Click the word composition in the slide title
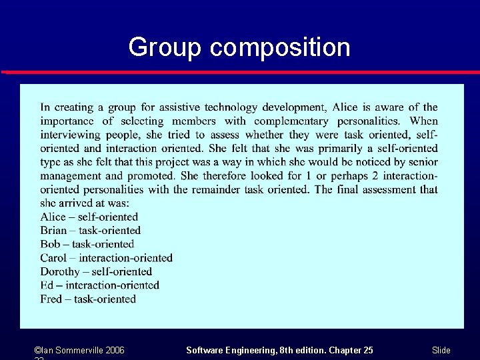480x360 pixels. click(x=279, y=47)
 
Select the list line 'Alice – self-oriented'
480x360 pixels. click(x=89, y=217)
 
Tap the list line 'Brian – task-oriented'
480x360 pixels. click(x=90, y=231)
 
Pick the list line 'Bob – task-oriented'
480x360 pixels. click(x=87, y=244)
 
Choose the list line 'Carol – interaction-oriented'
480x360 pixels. click(x=106, y=258)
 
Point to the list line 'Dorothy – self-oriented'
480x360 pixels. click(x=96, y=271)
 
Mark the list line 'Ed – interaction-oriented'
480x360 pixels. click(x=99, y=285)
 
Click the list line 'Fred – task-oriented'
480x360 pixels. click(x=88, y=299)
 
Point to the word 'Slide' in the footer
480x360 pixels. click(x=441, y=350)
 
